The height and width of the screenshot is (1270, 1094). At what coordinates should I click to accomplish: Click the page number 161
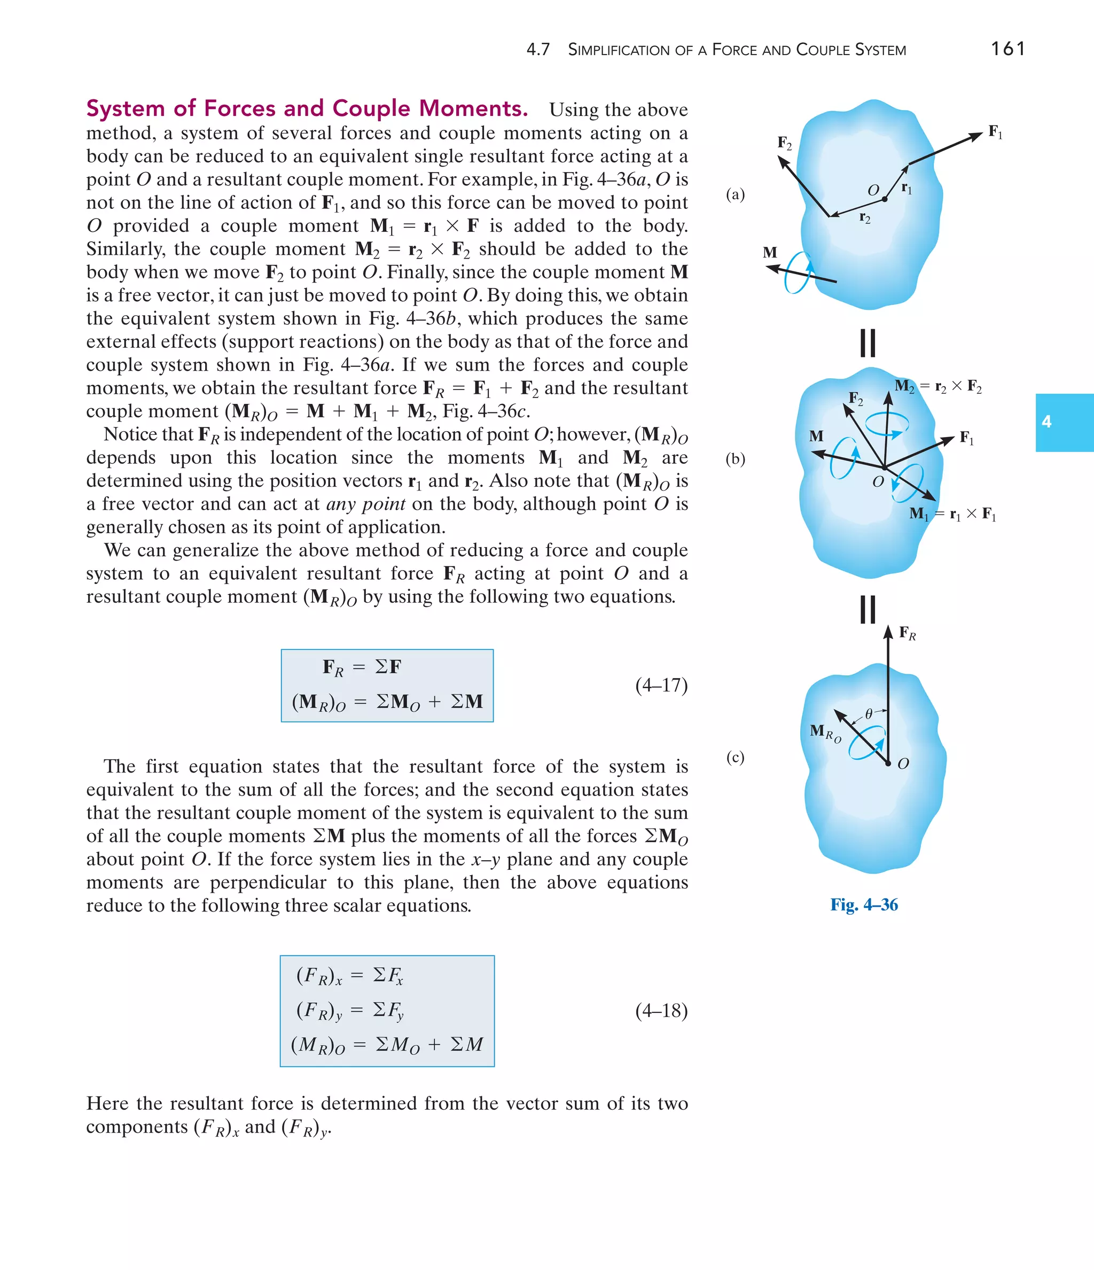tap(1007, 49)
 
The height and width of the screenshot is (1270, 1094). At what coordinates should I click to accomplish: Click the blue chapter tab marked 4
tap(1064, 422)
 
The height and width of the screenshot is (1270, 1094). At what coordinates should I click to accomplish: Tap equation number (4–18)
tap(661, 1010)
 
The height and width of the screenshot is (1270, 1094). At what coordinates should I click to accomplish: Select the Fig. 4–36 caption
tap(864, 905)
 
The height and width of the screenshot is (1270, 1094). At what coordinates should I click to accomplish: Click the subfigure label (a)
tap(735, 194)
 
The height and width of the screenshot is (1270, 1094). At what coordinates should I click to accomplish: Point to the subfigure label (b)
tap(735, 459)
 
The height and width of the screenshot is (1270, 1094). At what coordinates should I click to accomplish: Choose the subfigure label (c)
tap(735, 758)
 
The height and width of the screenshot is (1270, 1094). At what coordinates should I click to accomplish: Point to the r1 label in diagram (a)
tap(907, 188)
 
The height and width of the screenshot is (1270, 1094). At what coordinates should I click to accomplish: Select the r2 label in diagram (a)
tap(865, 217)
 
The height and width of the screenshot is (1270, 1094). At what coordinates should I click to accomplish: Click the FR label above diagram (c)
tap(907, 633)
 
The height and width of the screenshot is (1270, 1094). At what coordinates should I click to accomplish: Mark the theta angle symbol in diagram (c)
tap(869, 713)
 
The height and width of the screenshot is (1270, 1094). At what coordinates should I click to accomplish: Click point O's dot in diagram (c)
tap(887, 763)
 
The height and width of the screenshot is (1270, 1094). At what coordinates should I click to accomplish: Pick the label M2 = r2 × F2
tap(937, 387)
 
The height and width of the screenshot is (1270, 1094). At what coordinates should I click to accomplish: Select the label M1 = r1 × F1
tap(952, 515)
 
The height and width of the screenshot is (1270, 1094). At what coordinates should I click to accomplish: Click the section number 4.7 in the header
tap(538, 50)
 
